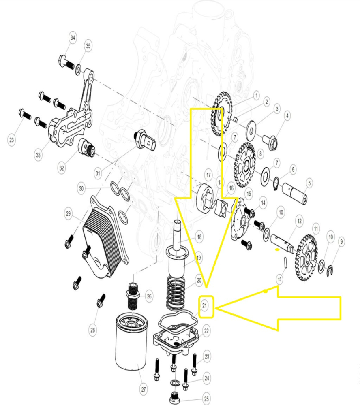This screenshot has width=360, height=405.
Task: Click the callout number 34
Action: click(73, 38)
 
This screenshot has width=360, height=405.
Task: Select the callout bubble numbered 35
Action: click(88, 46)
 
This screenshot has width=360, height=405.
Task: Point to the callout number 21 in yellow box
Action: click(205, 306)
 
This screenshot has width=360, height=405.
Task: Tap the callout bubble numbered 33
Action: click(39, 155)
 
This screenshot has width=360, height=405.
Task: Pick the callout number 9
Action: click(342, 242)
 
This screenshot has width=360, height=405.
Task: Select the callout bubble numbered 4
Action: click(287, 116)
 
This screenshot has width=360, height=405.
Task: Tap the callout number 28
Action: click(93, 330)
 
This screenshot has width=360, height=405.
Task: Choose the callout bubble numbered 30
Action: click(81, 188)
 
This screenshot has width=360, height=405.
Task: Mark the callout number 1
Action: click(256, 95)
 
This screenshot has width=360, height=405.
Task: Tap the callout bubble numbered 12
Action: click(300, 221)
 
